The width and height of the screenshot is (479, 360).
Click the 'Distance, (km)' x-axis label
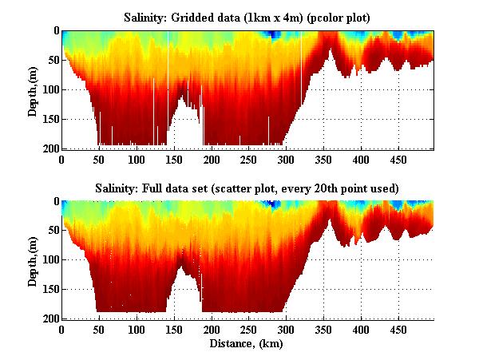tap(247, 345)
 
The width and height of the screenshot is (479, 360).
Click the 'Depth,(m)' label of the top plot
tap(33, 89)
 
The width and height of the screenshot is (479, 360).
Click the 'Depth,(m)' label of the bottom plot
tap(33, 260)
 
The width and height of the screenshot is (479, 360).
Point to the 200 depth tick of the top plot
tap(51, 148)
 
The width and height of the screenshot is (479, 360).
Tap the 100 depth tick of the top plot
tap(51, 89)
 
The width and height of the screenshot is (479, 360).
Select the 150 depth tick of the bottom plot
tap(51, 290)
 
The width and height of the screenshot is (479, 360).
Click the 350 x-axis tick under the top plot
tap(286, 159)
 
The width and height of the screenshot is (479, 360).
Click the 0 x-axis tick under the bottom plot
tap(61, 330)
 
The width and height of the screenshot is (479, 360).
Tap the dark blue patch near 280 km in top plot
tap(272, 34)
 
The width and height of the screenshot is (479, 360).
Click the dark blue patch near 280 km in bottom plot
tap(274, 205)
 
